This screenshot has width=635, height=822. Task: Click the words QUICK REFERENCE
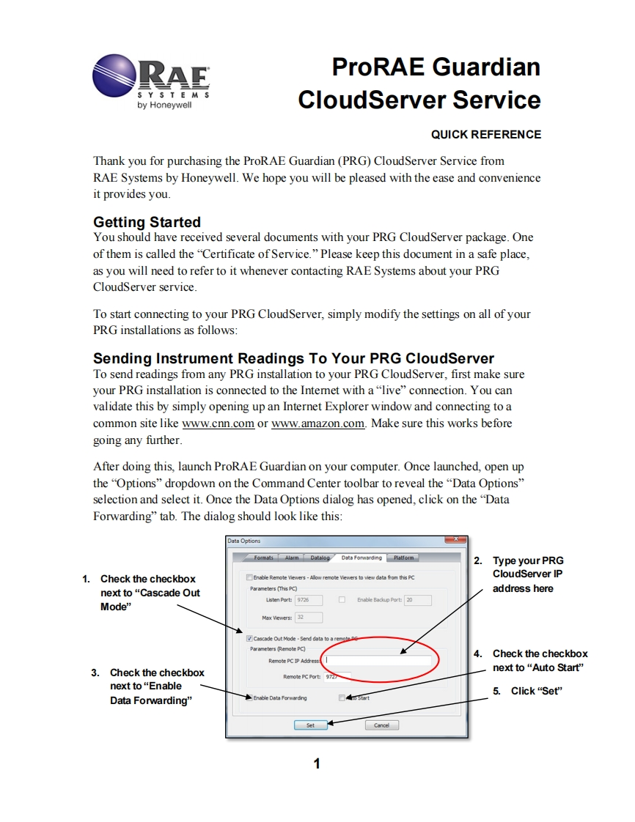[x=485, y=135]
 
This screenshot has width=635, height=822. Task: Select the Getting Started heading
[x=147, y=222]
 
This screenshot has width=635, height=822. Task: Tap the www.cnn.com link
[x=218, y=423]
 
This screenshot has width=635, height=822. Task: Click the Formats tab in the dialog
[x=263, y=558]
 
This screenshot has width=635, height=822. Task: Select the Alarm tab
[x=292, y=558]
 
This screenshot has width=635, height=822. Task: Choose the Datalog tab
[x=319, y=558]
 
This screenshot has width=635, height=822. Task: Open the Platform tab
[x=403, y=558]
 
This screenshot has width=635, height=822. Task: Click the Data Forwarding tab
[x=361, y=558]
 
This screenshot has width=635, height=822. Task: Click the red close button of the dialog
[x=455, y=541]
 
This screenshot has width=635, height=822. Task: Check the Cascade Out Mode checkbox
[x=249, y=638]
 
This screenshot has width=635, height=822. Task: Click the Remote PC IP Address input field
[x=378, y=660]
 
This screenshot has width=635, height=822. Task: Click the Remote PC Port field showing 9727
[x=337, y=677]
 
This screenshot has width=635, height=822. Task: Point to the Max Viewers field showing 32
[x=300, y=618]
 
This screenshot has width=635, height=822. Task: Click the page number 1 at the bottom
[x=317, y=764]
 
